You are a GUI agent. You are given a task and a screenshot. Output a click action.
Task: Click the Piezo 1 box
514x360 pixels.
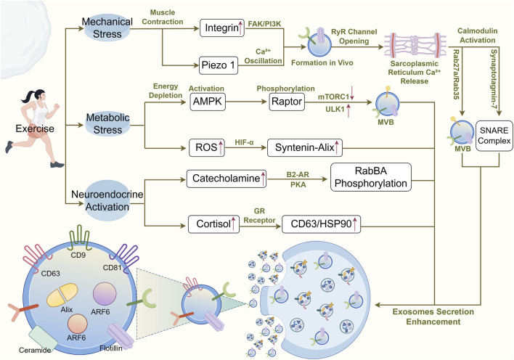click(219, 65)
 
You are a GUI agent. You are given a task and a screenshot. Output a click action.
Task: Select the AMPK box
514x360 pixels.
click(208, 102)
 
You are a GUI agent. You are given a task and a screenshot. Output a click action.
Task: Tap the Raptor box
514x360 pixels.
click(287, 102)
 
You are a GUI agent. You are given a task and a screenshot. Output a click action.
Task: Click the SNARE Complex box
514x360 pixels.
click(494, 136)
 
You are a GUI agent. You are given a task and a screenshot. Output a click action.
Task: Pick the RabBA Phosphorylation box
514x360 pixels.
click(371, 177)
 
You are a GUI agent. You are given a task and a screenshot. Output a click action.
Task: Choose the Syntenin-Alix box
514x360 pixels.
click(305, 148)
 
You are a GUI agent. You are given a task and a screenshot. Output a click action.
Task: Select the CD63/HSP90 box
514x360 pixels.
click(321, 224)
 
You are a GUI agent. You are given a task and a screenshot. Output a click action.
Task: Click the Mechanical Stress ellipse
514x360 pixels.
click(107, 28)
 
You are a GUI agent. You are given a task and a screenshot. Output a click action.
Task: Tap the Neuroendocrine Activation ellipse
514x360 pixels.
click(107, 200)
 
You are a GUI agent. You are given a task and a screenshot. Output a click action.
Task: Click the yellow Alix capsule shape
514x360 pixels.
click(62, 295)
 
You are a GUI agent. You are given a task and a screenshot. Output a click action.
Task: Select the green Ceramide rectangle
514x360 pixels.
click(43, 338)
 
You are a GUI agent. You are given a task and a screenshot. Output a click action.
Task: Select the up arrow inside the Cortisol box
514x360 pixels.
click(233, 224)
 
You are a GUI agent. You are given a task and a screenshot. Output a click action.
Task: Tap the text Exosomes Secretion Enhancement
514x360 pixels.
click(433, 316)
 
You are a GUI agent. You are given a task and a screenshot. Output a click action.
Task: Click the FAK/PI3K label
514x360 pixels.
click(264, 24)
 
